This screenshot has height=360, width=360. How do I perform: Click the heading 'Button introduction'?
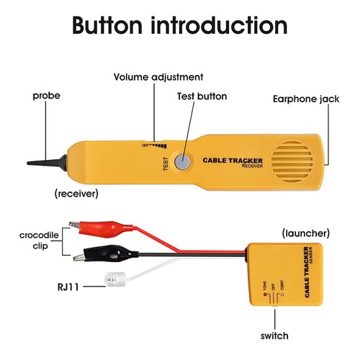coord(180,26)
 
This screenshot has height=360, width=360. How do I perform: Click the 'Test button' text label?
coord(202,96)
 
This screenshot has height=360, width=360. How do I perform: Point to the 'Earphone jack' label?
coord(306,99)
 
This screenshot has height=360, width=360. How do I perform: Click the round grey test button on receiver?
coord(186,163)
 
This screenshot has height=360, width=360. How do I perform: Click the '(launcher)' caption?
coord(305,233)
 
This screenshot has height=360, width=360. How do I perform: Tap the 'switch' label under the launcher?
coord(275,336)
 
